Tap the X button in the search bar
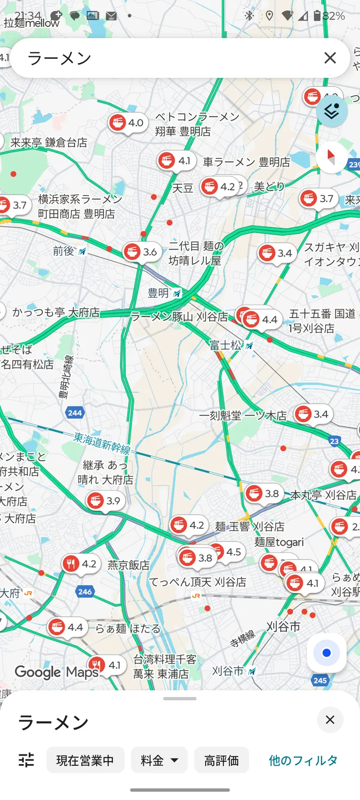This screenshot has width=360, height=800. (x=330, y=58)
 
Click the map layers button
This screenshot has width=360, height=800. (x=332, y=111)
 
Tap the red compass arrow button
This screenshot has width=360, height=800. (x=332, y=157)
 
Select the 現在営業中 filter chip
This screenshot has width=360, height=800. (x=85, y=760)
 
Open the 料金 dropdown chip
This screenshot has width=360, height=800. (x=159, y=760)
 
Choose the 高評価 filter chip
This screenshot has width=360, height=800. (x=221, y=760)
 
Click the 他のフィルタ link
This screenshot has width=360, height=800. (x=303, y=760)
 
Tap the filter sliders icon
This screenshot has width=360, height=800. (x=26, y=760)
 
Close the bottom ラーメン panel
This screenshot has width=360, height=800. (x=330, y=720)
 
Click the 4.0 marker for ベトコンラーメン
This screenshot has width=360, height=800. (x=127, y=123)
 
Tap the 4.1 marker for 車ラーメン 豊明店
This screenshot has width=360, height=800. (x=176, y=160)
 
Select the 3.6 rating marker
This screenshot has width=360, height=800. (x=141, y=252)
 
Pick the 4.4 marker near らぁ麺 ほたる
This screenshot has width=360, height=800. (x=67, y=627)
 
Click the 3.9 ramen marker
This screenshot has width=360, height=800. (x=105, y=501)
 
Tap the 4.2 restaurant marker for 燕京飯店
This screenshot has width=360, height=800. (x=80, y=564)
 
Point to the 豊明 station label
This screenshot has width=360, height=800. (x=159, y=293)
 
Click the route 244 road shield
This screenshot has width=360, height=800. (x=75, y=413)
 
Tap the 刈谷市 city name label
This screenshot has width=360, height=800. (x=283, y=626)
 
